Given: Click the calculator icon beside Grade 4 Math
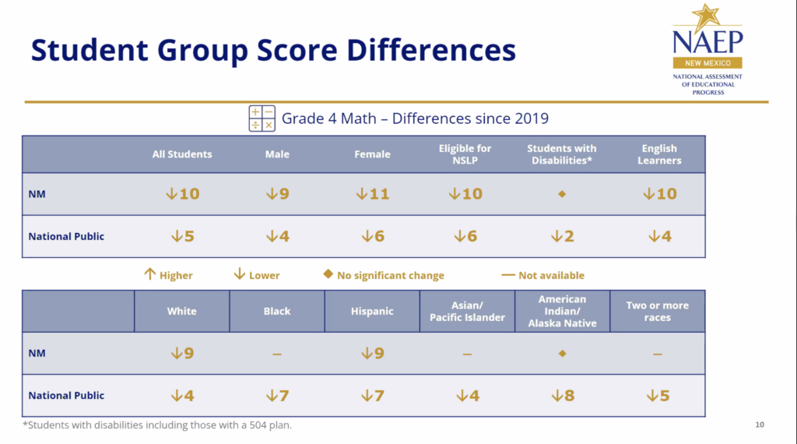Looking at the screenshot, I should coord(262,118).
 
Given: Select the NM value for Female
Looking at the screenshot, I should coord(372,194).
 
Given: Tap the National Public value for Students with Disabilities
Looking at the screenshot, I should coord(562,236).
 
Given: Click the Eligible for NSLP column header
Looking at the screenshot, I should coord(465,154).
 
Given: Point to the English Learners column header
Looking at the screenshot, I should coord(659,154).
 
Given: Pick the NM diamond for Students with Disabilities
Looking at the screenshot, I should coord(562,194).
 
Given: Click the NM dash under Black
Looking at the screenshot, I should coord(277,354).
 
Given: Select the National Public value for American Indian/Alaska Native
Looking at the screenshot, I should coord(562,396).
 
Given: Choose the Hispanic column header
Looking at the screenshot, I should coord(372,311).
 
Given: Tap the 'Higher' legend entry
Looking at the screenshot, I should coord(169,275).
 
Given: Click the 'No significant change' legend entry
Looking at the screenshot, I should coord(384,275).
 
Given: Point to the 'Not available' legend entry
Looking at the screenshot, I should coord(542,275).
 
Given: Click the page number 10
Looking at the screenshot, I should coord(760,425).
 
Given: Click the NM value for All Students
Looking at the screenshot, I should coord(182,194).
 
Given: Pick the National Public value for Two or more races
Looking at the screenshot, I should coord(658,396).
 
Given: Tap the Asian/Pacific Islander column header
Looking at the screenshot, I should coord(467,311).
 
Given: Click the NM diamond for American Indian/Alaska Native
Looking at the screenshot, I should coord(562,354).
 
